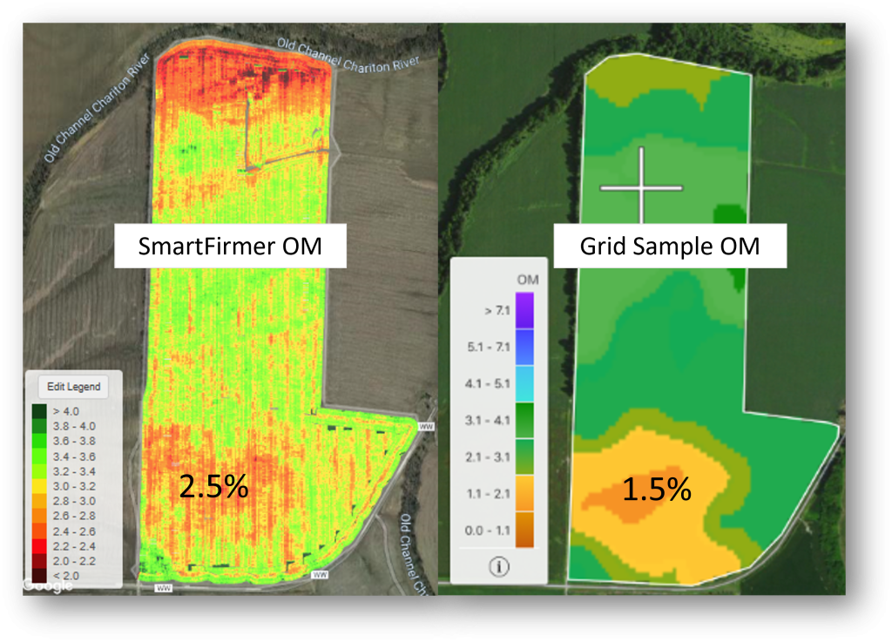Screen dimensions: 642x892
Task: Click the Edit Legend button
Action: tap(73, 387)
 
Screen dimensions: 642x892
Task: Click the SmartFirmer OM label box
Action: tap(230, 247)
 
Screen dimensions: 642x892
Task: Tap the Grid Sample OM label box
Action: tap(670, 247)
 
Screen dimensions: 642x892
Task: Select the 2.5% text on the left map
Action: tap(213, 487)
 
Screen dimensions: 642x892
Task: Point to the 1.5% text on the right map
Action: tap(657, 490)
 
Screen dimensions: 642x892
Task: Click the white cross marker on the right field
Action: tap(642, 186)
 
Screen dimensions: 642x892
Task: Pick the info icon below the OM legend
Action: tap(499, 567)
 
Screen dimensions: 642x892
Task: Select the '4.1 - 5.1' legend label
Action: tap(483, 381)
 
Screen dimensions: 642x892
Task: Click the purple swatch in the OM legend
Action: tap(524, 308)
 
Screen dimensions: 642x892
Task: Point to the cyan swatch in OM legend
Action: tap(524, 381)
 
